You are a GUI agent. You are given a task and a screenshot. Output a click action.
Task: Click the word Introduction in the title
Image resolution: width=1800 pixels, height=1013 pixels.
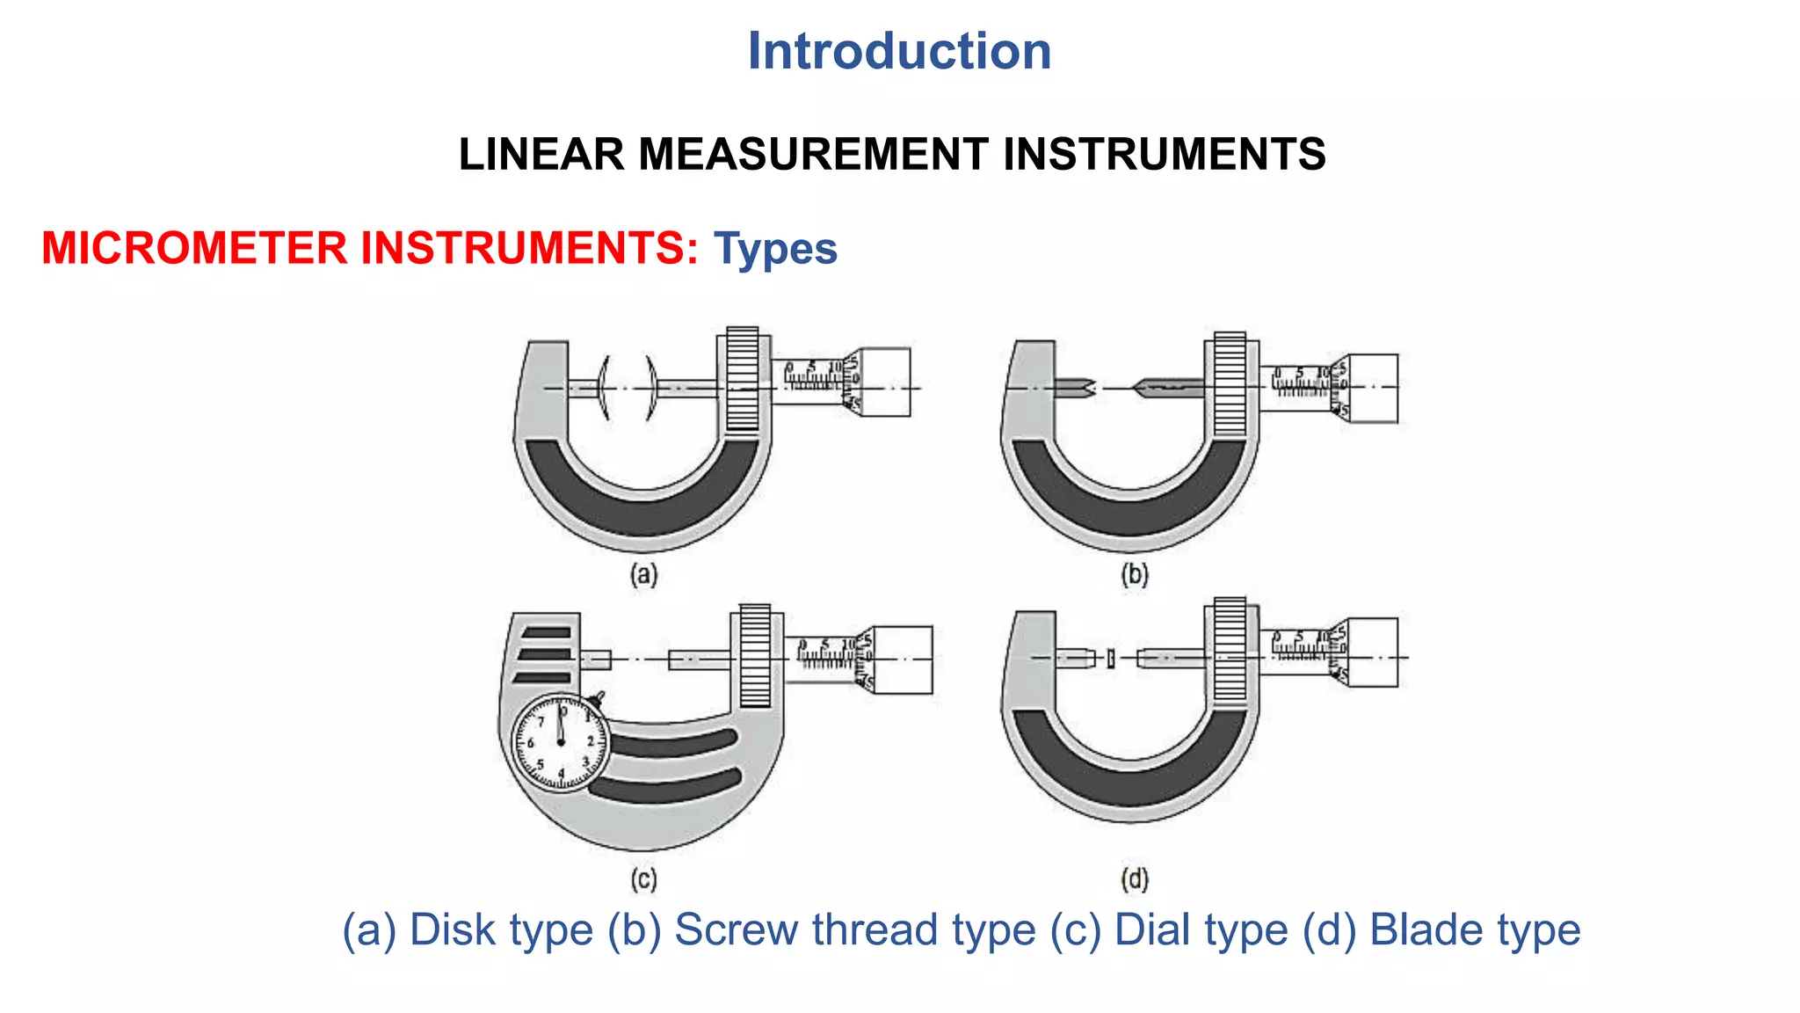tap(898, 51)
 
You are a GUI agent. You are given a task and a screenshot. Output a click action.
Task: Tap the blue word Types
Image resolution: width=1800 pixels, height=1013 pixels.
tap(775, 249)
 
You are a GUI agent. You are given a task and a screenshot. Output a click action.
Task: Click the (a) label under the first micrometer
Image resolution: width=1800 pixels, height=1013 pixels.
tap(643, 575)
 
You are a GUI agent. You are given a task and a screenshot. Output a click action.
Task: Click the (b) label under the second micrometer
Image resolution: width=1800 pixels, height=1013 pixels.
tap(1134, 575)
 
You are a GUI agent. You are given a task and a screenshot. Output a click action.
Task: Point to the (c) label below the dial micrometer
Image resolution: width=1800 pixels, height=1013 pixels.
tap(643, 879)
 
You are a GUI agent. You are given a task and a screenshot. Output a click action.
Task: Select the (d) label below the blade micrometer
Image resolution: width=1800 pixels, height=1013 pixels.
tap(1134, 879)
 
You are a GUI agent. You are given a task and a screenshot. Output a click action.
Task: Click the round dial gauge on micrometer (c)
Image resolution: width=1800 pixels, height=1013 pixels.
tap(561, 743)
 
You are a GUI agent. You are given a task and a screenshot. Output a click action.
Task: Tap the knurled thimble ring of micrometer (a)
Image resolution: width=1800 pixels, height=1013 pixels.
tap(743, 380)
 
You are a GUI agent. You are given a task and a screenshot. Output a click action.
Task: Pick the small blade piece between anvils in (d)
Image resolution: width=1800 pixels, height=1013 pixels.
tap(1111, 658)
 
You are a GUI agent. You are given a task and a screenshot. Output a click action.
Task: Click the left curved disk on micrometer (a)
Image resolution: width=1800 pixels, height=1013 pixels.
tap(603, 388)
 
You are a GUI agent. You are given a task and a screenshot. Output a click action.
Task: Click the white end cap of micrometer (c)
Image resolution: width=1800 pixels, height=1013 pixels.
tap(904, 660)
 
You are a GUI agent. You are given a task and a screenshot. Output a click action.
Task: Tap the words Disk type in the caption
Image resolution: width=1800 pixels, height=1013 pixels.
tap(501, 930)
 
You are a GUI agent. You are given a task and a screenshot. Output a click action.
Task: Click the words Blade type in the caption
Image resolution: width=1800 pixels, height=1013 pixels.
tap(1475, 930)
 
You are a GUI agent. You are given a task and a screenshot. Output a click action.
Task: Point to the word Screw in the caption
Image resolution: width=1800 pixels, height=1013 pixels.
tap(735, 930)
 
